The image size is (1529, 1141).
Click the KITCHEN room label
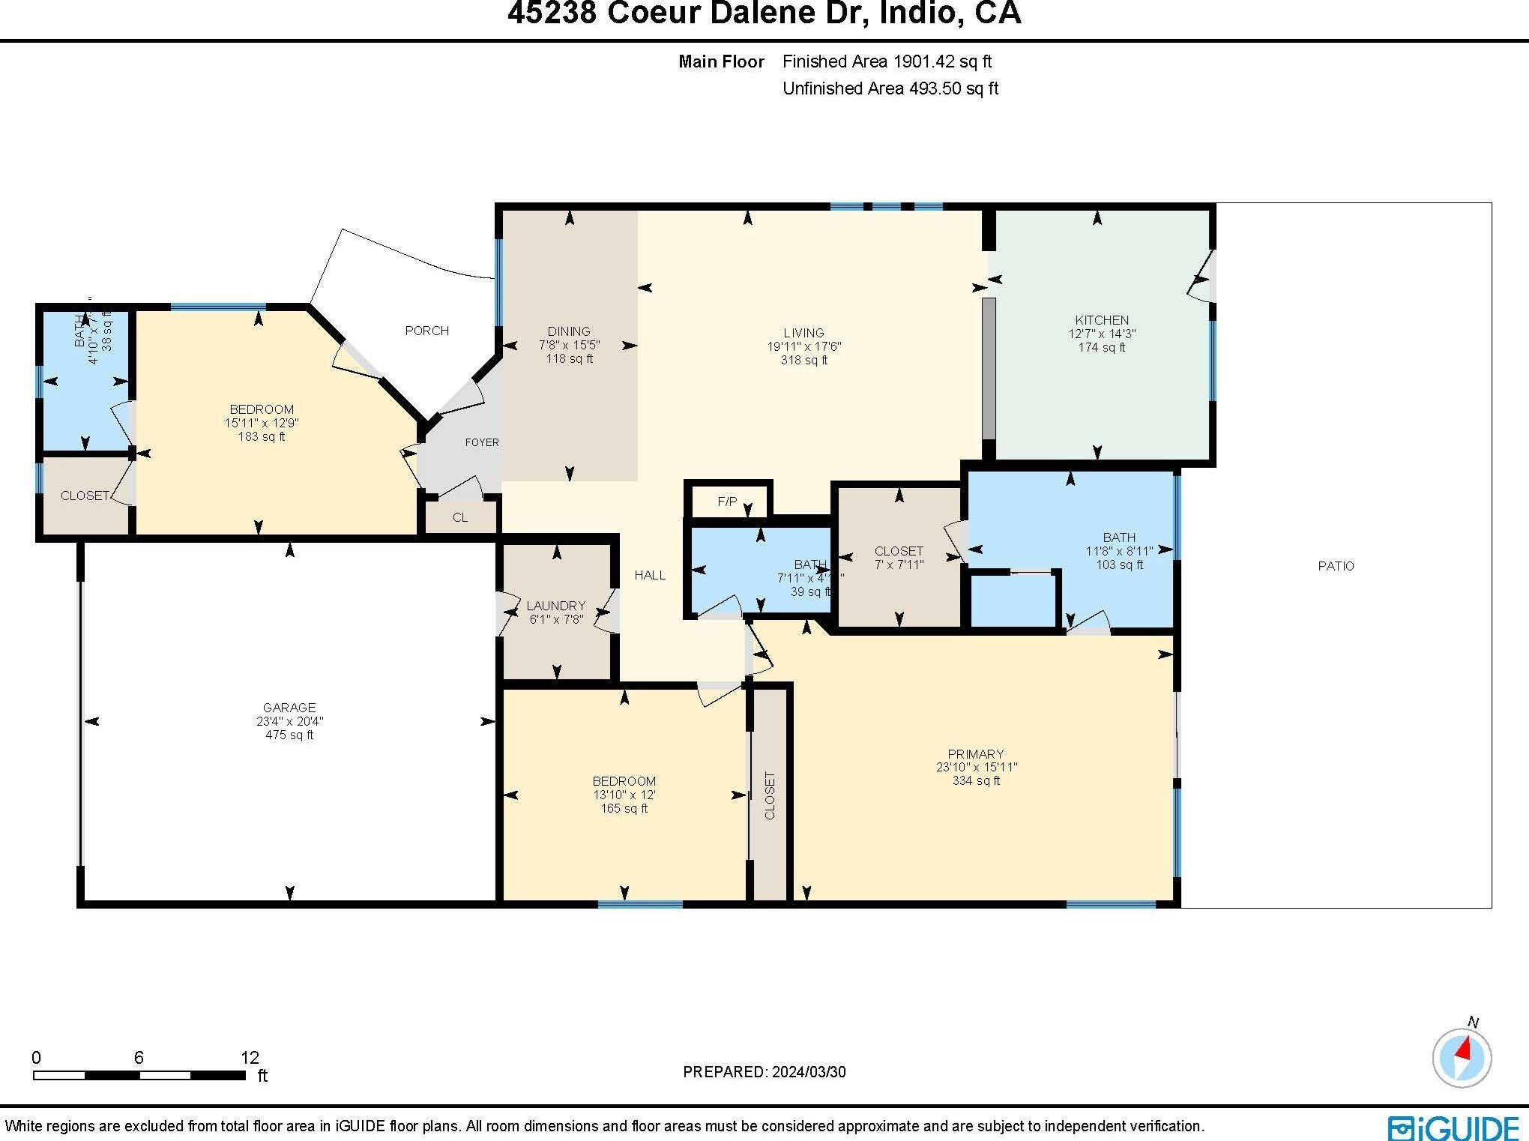tap(1101, 320)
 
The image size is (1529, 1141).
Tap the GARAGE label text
tap(289, 708)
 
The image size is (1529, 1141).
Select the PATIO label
tap(1336, 566)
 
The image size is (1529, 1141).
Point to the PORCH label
tap(426, 331)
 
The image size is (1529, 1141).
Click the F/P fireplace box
tap(728, 502)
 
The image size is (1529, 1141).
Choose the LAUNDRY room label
tap(555, 606)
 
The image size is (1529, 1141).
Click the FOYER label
tap(481, 442)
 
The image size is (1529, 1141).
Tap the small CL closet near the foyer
tap(460, 517)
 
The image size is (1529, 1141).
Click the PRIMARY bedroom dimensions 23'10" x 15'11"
tap(976, 768)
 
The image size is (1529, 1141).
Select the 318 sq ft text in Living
tap(803, 360)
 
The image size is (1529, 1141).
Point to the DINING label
tap(569, 331)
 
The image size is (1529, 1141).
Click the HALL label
tap(650, 575)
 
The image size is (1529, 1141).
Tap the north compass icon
tap(1462, 1058)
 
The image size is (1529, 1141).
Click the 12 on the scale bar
tap(250, 1058)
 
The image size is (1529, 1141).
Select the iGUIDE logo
tap(1453, 1128)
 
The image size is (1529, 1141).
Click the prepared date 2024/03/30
tap(808, 1072)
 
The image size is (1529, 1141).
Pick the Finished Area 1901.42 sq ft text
tap(887, 61)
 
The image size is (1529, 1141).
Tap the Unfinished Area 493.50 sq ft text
tap(890, 88)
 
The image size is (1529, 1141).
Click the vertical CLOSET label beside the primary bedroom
tap(770, 795)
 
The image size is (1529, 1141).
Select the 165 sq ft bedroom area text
tap(624, 808)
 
